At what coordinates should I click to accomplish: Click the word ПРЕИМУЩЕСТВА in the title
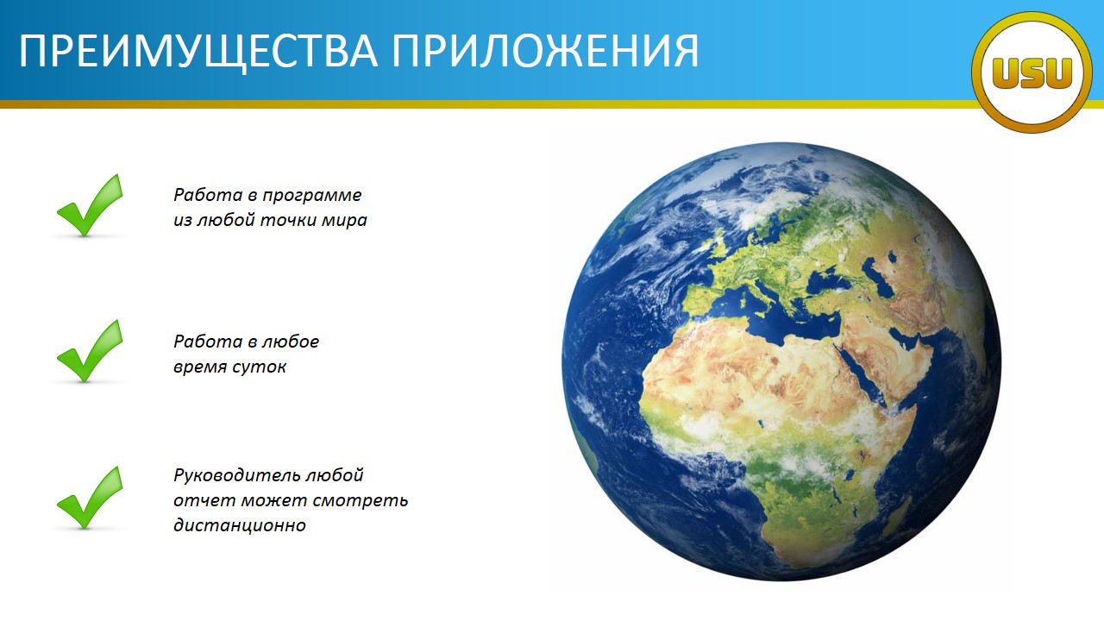point(198,51)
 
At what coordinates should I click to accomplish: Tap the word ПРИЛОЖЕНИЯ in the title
point(546,50)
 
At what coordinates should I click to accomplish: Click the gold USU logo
point(1032,72)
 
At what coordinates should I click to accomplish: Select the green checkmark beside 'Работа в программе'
point(90,205)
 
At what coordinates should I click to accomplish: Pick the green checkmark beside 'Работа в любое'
point(90,351)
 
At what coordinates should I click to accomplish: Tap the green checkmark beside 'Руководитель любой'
point(90,498)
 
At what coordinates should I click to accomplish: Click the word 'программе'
point(312,196)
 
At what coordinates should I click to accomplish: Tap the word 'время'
point(200,367)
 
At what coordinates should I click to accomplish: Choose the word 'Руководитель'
point(237,475)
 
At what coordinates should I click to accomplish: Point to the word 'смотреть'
point(361,501)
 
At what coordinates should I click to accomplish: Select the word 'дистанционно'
point(240,525)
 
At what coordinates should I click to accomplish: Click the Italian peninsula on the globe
point(776,298)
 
